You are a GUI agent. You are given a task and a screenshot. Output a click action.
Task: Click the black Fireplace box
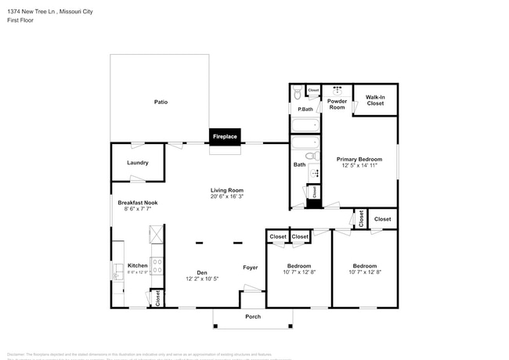(225, 137)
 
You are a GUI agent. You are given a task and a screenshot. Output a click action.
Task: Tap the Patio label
(160, 102)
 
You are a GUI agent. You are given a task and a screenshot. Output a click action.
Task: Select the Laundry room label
(137, 163)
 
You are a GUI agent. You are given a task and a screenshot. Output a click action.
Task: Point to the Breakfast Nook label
(138, 203)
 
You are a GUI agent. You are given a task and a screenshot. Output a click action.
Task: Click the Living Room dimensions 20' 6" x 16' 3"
(226, 196)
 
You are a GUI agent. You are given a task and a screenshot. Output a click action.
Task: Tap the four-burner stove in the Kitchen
(156, 267)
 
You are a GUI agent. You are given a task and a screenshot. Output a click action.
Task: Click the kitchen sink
(118, 271)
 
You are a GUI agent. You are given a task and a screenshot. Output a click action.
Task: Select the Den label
(201, 272)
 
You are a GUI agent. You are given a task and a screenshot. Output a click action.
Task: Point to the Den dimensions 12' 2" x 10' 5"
(201, 279)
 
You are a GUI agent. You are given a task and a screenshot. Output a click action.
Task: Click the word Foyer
(250, 267)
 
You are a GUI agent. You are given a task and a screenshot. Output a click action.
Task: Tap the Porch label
(253, 317)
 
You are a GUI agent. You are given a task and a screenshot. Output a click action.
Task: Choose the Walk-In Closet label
(375, 100)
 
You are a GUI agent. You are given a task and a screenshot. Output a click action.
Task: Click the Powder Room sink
(337, 90)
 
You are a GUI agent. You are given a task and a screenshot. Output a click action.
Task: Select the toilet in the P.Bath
(297, 94)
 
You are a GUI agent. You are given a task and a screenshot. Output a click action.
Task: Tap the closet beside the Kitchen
(157, 297)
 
